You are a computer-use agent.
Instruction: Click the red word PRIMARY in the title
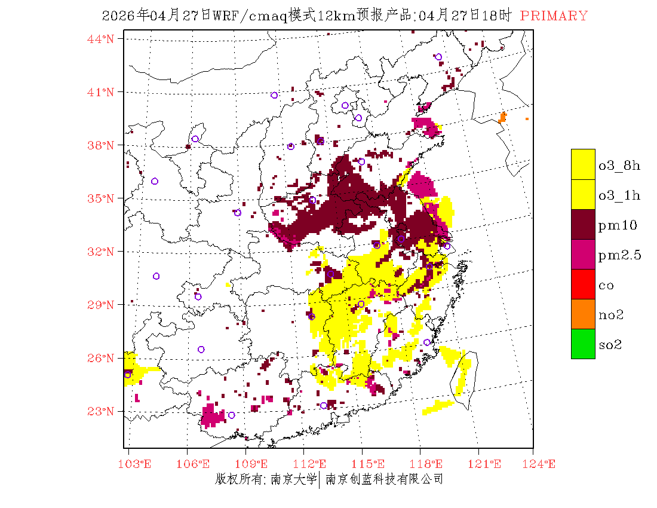coord(554,16)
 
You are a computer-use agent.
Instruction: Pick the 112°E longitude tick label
coord(314,464)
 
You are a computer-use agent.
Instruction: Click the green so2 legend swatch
coord(583,344)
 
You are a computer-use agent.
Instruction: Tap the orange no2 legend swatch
coord(583,314)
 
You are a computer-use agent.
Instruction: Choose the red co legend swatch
coord(583,284)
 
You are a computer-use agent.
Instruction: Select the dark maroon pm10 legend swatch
coord(583,224)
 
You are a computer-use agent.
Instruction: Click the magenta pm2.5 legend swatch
coord(583,254)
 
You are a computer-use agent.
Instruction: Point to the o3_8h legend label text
coord(619,166)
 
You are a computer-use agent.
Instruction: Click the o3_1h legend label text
coord(619,195)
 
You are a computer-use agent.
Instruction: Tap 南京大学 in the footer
coord(293,479)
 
